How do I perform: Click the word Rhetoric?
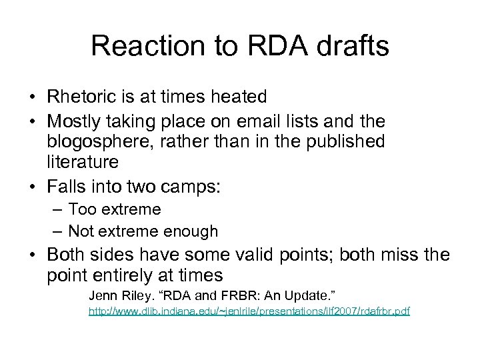[x=81, y=97]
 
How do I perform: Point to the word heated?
[x=233, y=97]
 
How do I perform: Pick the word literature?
[x=83, y=161]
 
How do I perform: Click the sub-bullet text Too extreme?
[x=114, y=209]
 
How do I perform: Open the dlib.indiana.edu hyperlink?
[x=249, y=311]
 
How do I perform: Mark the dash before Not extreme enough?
[x=58, y=232]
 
